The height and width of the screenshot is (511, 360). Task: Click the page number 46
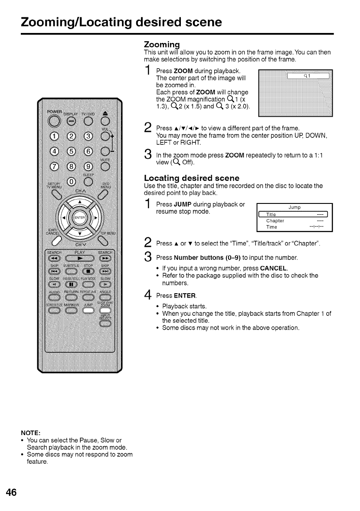(x=11, y=492)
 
